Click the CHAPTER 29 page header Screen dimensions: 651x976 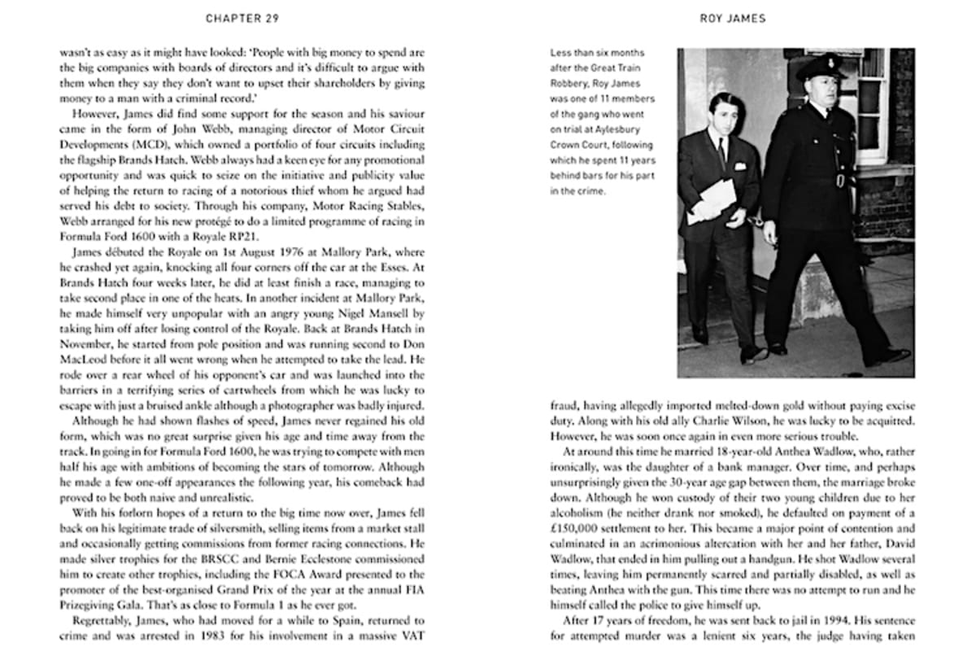[x=243, y=18]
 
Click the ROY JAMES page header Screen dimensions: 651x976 [x=733, y=18]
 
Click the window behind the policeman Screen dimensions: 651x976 [x=874, y=106]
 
